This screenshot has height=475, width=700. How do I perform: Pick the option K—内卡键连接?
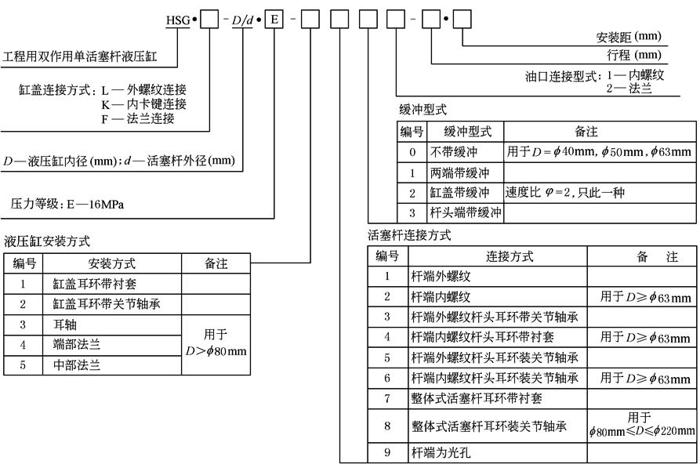[143, 103]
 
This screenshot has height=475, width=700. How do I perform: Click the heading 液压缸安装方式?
[47, 241]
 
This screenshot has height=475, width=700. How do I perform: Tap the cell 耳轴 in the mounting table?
[65, 324]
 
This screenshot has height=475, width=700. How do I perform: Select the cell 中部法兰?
[77, 364]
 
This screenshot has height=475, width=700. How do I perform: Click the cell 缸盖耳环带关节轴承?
[107, 303]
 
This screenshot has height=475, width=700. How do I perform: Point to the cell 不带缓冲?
[453, 152]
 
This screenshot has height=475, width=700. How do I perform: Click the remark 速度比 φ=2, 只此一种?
[564, 193]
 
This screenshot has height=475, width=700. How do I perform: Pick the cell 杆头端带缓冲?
[465, 212]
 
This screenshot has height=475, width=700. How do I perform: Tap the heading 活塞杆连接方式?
[409, 235]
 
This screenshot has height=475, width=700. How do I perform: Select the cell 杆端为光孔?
[442, 452]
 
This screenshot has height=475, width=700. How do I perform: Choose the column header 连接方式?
[498, 256]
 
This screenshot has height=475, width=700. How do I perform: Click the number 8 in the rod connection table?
[387, 426]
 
